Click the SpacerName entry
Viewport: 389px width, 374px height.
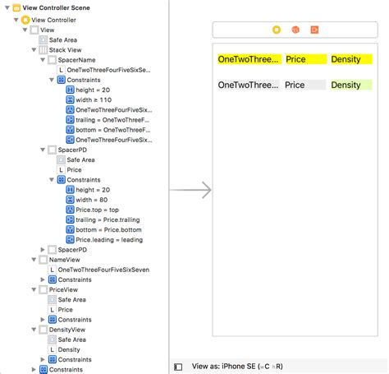[x=77, y=60]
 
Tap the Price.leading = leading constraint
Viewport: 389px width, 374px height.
[x=108, y=239]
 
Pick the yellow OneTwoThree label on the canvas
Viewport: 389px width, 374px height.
[x=249, y=60]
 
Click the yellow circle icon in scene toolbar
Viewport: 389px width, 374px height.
[x=276, y=30]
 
